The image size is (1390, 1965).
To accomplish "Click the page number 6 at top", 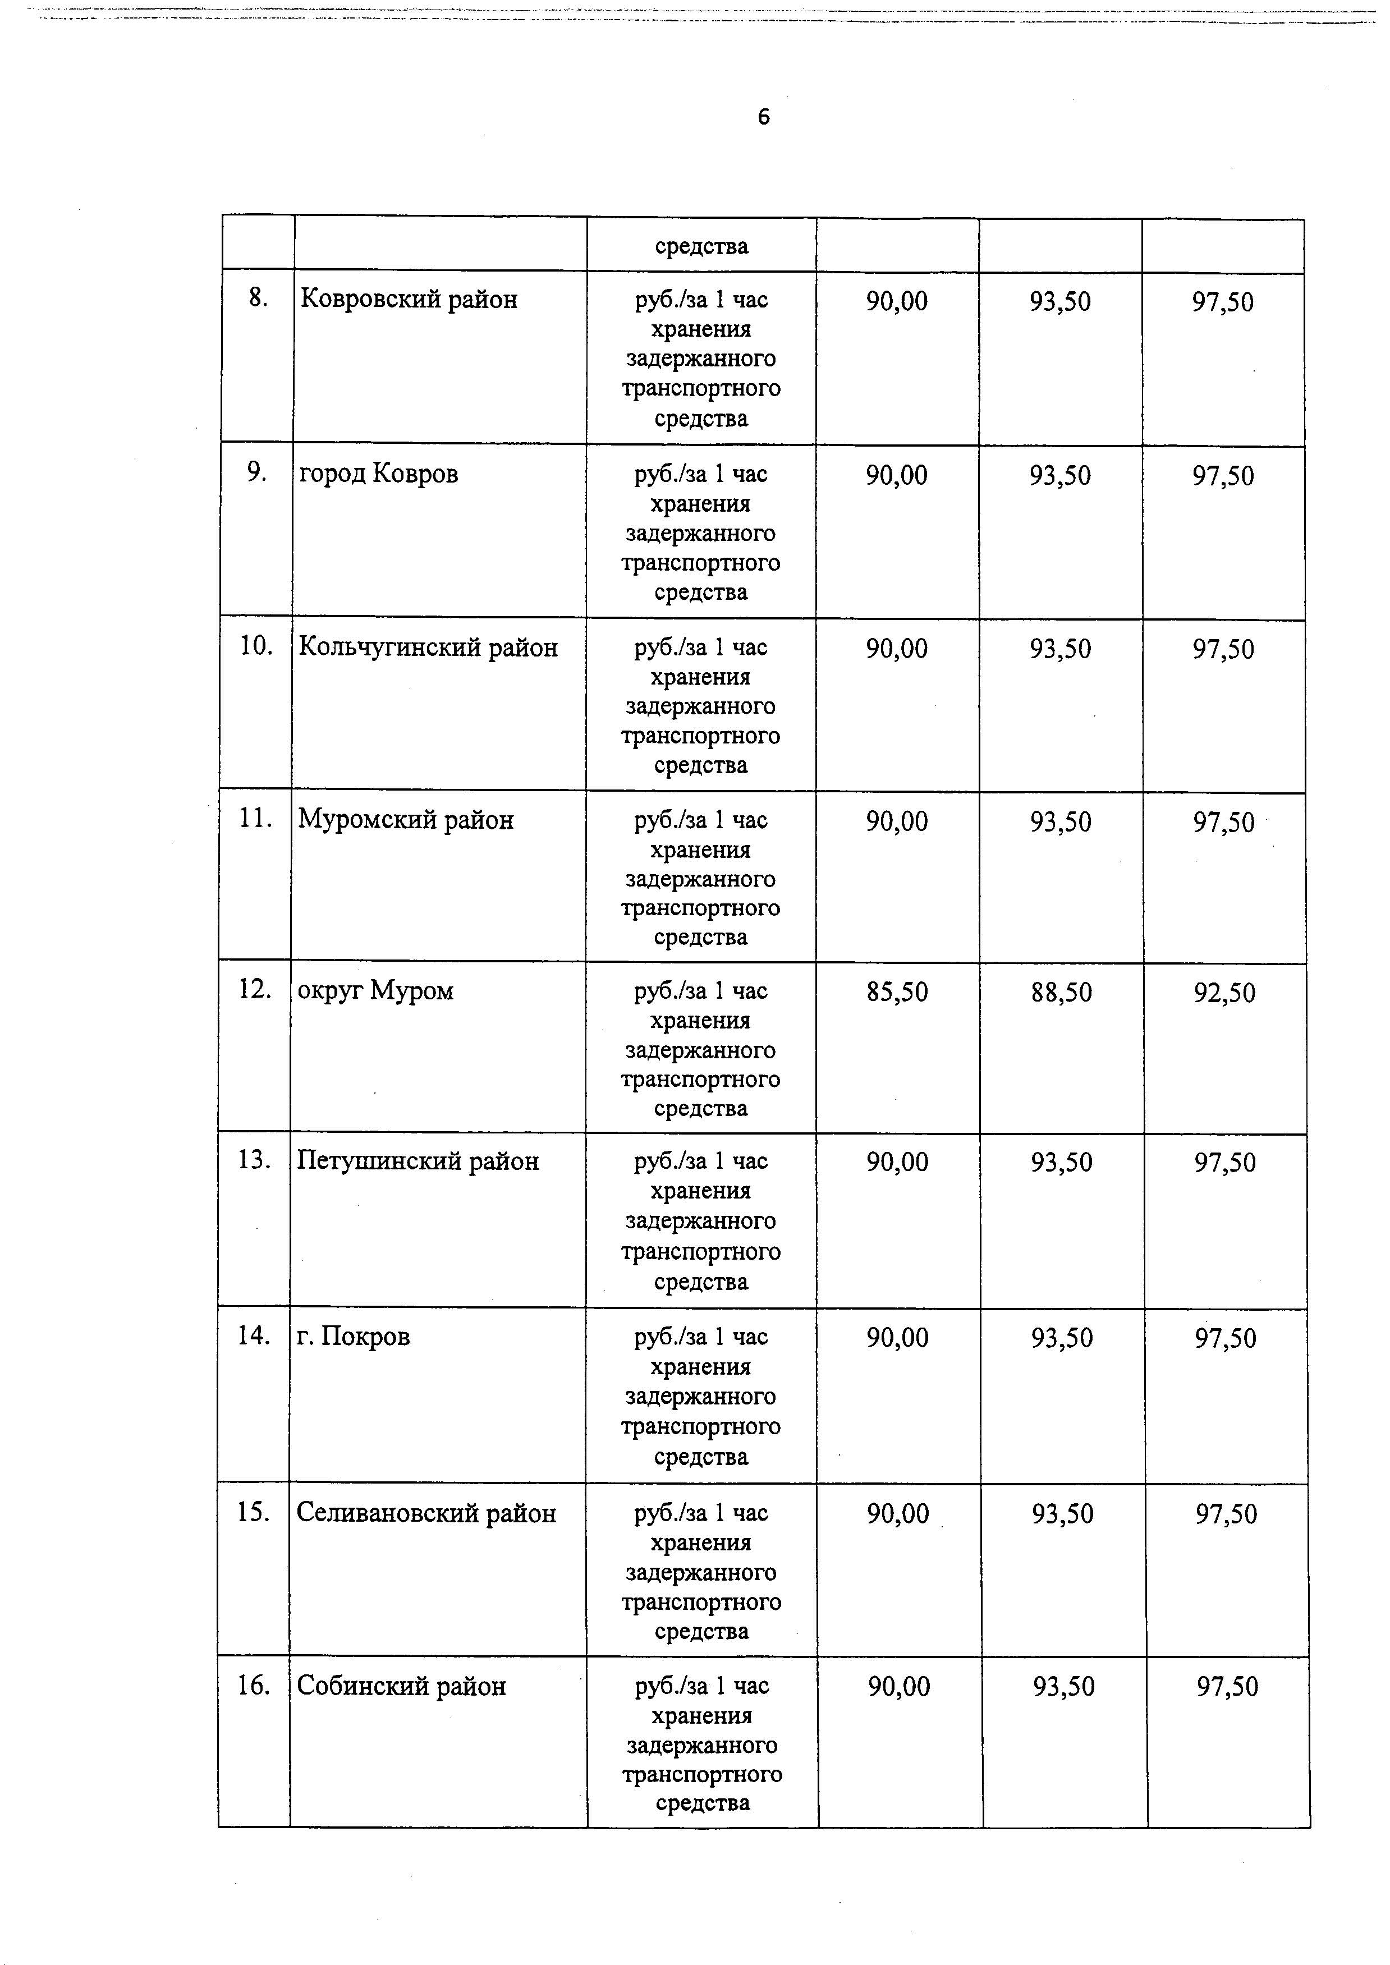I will [764, 117].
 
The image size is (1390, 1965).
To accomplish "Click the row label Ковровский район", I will [409, 300].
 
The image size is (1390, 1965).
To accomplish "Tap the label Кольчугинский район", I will [428, 648].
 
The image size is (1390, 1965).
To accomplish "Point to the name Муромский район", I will [406, 820].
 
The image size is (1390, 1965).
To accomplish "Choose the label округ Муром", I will [376, 991].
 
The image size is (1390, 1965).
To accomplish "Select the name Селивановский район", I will [426, 1513].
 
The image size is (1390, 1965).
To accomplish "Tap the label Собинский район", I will [401, 1687].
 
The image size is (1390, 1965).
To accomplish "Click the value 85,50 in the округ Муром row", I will [897, 993].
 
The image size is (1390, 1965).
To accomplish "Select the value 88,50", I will [1061, 993].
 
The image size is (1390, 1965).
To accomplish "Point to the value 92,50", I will [1225, 994].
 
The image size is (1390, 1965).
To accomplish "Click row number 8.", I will [258, 298].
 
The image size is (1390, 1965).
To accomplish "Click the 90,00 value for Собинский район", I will [899, 1687].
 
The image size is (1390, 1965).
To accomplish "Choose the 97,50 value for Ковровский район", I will [1223, 302].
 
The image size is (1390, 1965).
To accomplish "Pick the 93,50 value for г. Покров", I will [1062, 1339].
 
